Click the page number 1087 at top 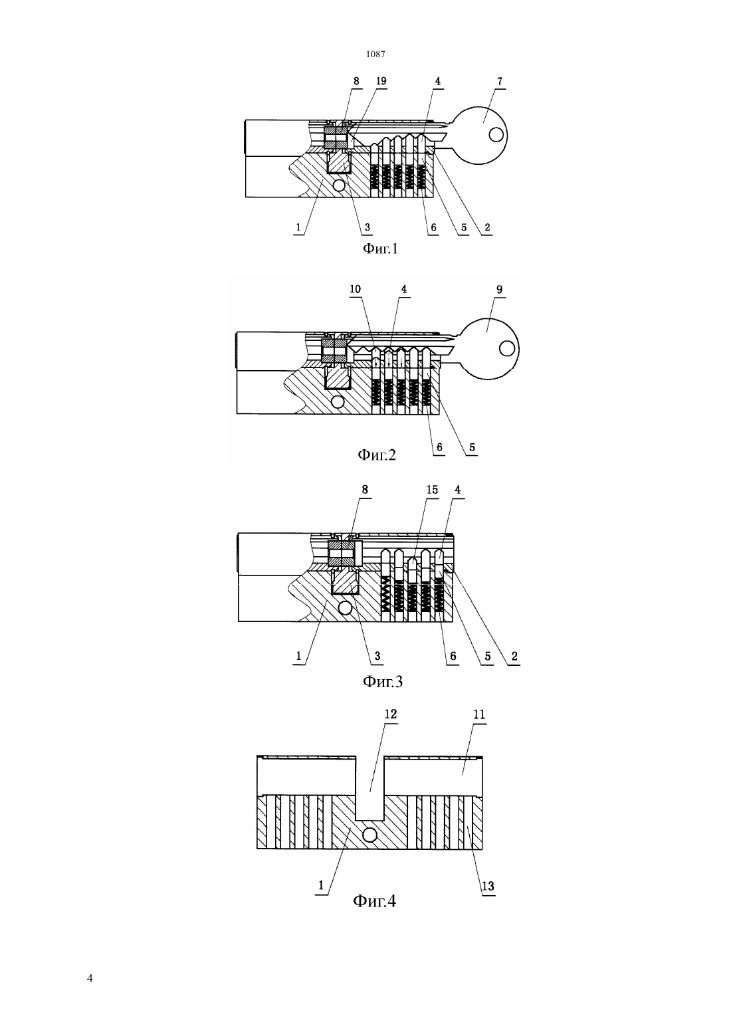375,54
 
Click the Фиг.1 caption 380,249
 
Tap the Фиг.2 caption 377,455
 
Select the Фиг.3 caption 383,681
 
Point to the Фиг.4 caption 374,900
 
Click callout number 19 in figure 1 381,81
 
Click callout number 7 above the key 499,81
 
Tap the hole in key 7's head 496,135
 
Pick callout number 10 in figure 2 355,289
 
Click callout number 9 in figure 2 499,290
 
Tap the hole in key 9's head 506,348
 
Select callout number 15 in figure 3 432,490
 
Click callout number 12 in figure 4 391,714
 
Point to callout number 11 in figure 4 480,714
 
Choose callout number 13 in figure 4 488,886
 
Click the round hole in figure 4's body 369,835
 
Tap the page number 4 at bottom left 90,978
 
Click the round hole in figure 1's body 339,185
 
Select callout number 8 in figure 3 365,490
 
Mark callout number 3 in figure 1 367,227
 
